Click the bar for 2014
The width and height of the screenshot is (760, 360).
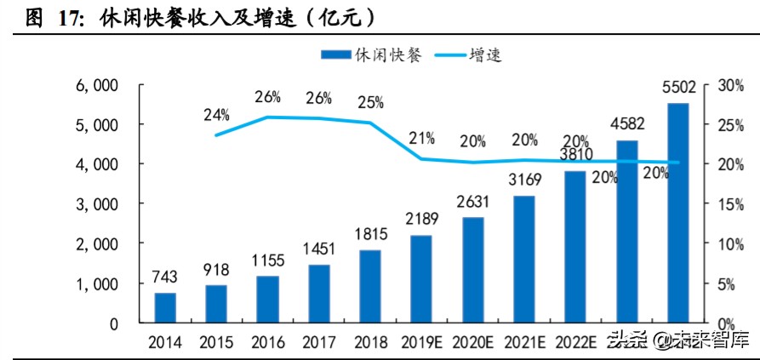(x=165, y=307)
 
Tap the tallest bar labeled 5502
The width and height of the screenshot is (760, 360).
(x=678, y=213)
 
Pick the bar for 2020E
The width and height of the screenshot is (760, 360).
(x=473, y=270)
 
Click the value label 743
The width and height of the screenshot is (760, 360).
(x=166, y=278)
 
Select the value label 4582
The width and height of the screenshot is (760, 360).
(x=627, y=126)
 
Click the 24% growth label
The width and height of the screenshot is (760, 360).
(x=217, y=114)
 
